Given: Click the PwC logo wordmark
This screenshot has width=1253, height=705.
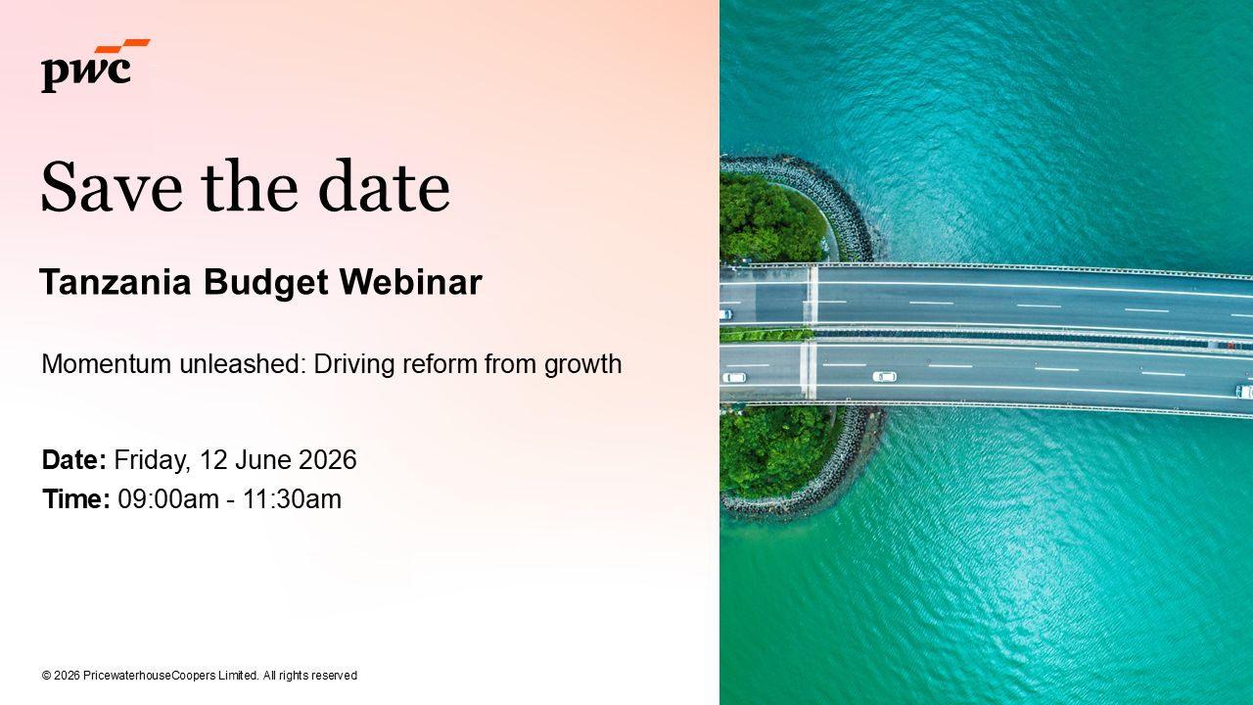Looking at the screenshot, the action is click(x=86, y=73).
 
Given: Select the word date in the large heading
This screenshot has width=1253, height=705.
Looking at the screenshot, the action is click(x=384, y=185).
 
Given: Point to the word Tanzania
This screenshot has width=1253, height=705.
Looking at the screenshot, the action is click(x=116, y=282).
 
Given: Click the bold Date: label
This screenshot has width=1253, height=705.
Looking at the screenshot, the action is click(x=73, y=460).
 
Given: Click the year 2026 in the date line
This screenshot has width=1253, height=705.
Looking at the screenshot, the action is click(x=328, y=460).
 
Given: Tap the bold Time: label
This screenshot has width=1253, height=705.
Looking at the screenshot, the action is click(x=76, y=499).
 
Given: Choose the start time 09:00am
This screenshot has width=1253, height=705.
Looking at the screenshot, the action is click(x=168, y=499).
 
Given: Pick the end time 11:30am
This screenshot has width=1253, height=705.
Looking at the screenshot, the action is click(x=292, y=499).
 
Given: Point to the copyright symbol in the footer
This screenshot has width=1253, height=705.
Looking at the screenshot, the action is click(x=46, y=676).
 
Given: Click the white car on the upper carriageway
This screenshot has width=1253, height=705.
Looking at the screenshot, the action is click(x=725, y=314).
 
